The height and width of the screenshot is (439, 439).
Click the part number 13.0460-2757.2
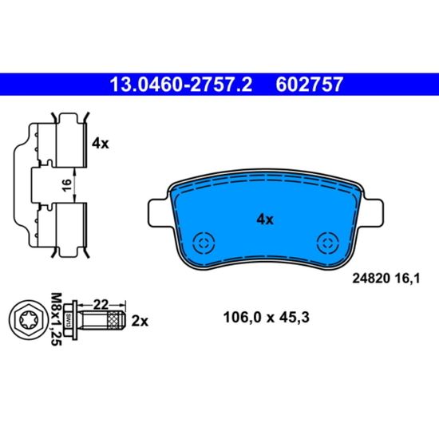coord(181,85)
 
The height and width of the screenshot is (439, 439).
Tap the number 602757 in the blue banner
coord(309,85)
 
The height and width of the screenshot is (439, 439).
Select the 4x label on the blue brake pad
coord(265,219)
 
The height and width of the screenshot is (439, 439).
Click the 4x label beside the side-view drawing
coord(101,144)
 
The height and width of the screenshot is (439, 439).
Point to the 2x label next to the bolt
coord(140,321)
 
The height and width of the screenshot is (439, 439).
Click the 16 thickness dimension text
coord(66,185)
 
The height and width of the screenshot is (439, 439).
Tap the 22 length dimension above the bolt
coord(101,305)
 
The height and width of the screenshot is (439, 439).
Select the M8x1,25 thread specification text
coord(56,319)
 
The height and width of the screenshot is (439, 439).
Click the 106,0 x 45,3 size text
coord(267,318)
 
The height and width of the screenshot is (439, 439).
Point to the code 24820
coord(371,279)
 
